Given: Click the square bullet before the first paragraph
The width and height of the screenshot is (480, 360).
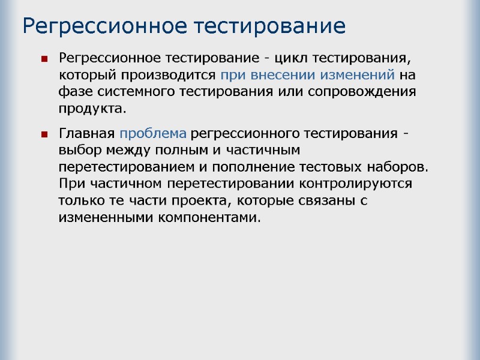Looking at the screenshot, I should coord(44,59).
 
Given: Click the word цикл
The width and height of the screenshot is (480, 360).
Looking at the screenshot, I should coord(296,59).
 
